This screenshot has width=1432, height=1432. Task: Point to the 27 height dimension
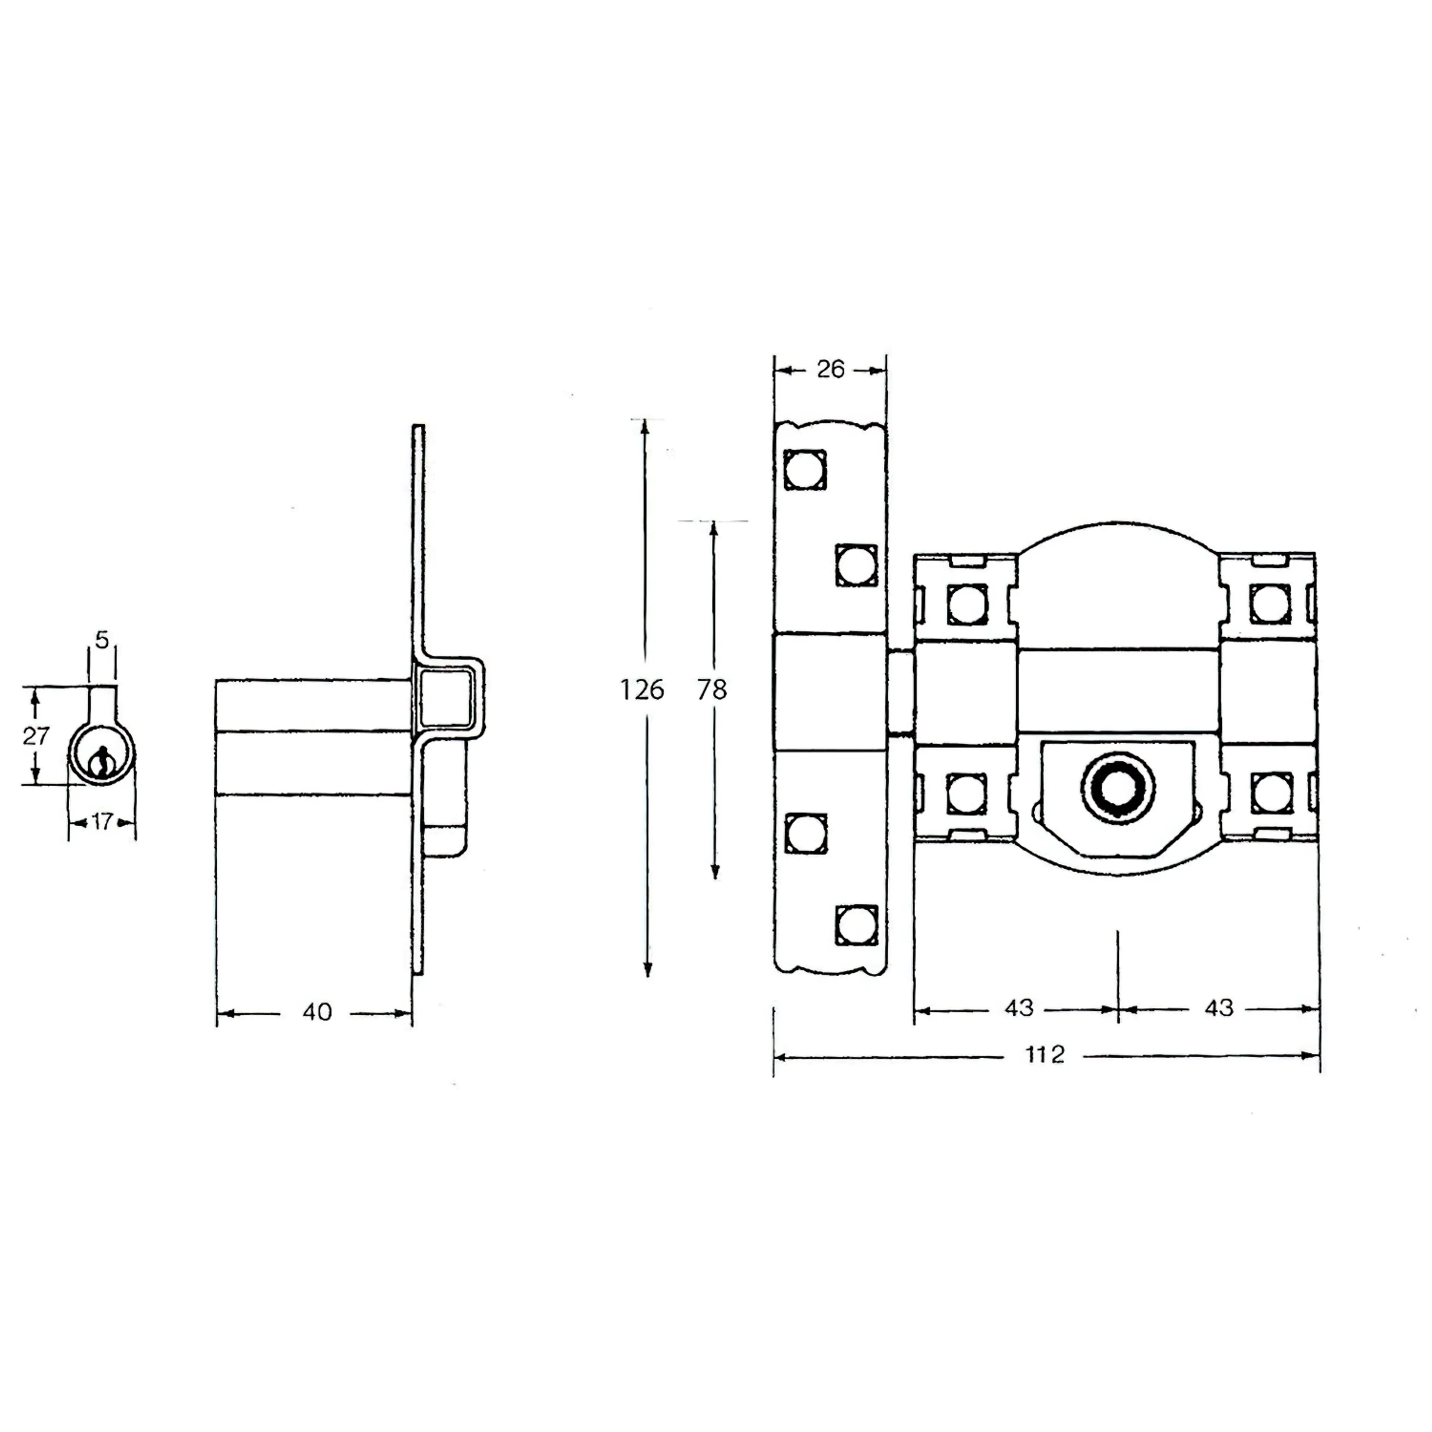tap(35, 736)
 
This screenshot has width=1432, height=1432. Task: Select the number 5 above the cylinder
tap(102, 639)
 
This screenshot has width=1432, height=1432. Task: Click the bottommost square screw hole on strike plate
tap(856, 925)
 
